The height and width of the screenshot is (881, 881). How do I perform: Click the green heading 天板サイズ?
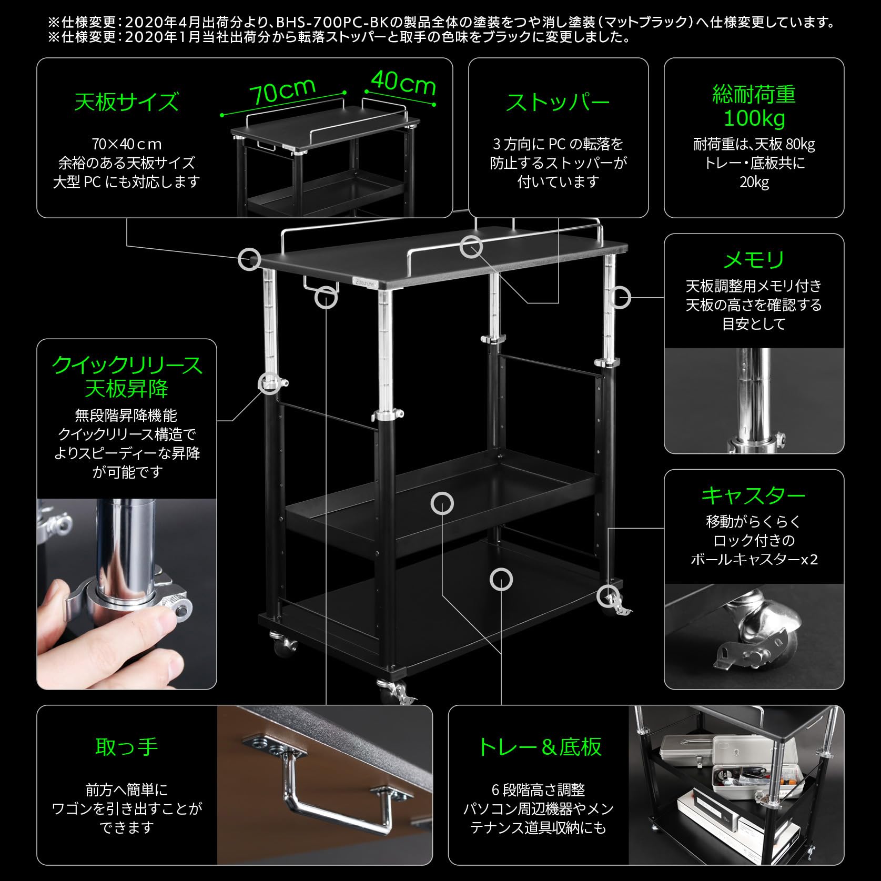point(126,102)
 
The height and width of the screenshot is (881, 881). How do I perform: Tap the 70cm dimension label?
point(282,93)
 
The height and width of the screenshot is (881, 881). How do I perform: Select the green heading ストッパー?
point(558,102)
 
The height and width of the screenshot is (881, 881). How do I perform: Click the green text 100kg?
point(754,119)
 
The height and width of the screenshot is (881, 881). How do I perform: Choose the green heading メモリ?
point(754,260)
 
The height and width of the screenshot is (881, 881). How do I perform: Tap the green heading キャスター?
point(754,495)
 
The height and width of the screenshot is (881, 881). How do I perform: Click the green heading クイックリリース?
point(127,364)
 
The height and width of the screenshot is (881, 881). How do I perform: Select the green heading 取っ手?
point(127,746)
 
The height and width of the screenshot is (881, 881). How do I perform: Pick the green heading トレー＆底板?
point(539,746)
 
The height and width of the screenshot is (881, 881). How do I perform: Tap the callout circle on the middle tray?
point(442,503)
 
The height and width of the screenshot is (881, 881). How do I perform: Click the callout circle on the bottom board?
point(501,579)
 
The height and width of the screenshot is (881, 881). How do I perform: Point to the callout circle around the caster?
point(609,596)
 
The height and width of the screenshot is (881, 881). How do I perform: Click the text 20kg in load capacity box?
point(754,183)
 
